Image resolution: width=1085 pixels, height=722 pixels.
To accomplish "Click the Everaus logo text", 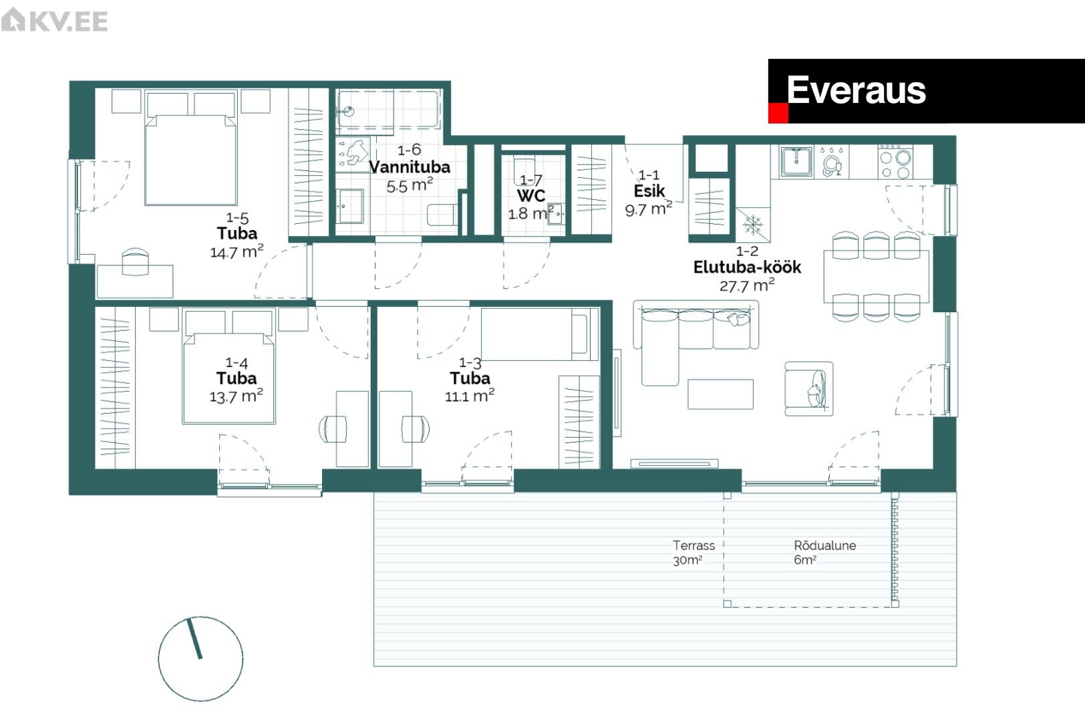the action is pyautogui.click(x=856, y=90).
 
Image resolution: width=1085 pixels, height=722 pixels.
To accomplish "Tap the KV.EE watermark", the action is pyautogui.click(x=54, y=20).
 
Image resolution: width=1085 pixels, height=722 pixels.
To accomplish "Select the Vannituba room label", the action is pyautogui.click(x=410, y=167).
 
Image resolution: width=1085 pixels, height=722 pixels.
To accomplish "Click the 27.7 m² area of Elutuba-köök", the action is pyautogui.click(x=747, y=285).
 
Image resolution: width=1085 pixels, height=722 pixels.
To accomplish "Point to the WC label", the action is pyautogui.click(x=531, y=196).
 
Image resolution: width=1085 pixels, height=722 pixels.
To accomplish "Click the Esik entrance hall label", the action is pyautogui.click(x=649, y=191).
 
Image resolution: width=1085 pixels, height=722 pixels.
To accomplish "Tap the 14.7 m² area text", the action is pyautogui.click(x=237, y=251).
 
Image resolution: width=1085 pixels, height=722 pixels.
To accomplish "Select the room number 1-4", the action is pyautogui.click(x=237, y=362).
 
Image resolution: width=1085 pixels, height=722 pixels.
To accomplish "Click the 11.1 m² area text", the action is pyautogui.click(x=470, y=396).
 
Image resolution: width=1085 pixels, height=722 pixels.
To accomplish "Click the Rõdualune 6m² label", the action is pyautogui.click(x=825, y=553).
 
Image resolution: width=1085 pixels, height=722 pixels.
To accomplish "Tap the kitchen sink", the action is pyautogui.click(x=796, y=162).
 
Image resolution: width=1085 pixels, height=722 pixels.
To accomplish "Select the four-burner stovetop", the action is pyautogui.click(x=896, y=162).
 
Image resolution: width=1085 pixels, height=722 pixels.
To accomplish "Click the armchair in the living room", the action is pyautogui.click(x=809, y=388).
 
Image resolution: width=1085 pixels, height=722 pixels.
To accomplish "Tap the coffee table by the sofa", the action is pyautogui.click(x=720, y=394).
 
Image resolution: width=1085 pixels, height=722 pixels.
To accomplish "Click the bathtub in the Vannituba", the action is pyautogui.click(x=389, y=110).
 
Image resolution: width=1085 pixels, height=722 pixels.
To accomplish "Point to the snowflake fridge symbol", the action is pyautogui.click(x=753, y=225).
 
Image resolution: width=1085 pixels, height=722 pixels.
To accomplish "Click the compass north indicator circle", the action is pyautogui.click(x=200, y=659).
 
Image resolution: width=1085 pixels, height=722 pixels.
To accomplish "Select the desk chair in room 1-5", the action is pyautogui.click(x=135, y=261).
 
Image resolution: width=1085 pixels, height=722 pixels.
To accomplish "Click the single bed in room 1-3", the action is pyautogui.click(x=540, y=334).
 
